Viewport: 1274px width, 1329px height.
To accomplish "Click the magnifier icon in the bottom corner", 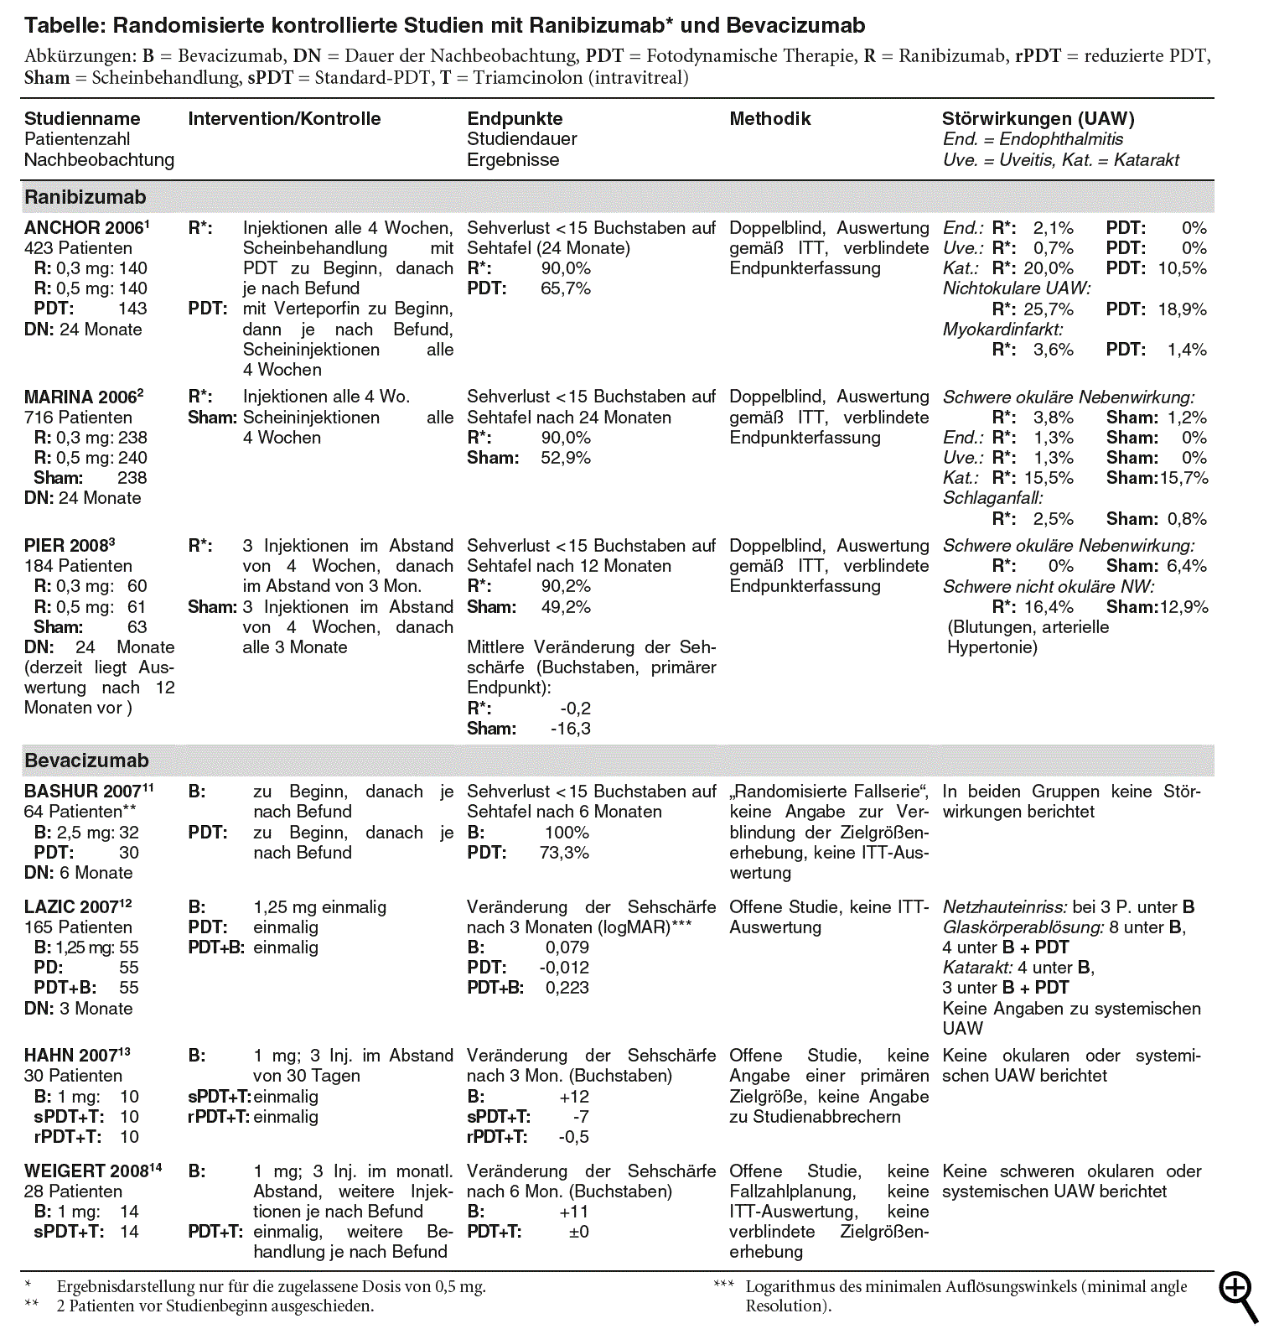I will (x=1239, y=1296).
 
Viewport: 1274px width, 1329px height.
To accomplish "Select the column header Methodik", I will (x=769, y=119).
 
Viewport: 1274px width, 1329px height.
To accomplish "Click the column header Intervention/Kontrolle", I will (x=284, y=119).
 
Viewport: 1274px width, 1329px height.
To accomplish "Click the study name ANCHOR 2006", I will (x=84, y=228).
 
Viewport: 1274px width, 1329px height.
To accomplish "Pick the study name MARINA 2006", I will (x=81, y=397).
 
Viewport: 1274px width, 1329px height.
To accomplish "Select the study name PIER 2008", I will (x=68, y=546).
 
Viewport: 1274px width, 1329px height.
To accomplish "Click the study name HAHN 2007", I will (x=74, y=1056).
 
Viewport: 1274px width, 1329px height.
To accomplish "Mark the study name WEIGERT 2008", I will (x=89, y=1171).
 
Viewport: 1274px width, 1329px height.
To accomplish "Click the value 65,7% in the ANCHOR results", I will (x=566, y=289).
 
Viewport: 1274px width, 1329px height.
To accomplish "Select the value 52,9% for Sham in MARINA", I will (x=566, y=459).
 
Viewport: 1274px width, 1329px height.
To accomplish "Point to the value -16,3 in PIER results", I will (x=570, y=729).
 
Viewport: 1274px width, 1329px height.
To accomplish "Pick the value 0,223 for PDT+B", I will (x=567, y=988).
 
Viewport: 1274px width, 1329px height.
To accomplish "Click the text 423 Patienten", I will (x=78, y=248).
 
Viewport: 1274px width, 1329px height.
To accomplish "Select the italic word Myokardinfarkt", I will (x=1002, y=330).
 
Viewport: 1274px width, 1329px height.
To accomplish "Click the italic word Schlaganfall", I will (x=992, y=498).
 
